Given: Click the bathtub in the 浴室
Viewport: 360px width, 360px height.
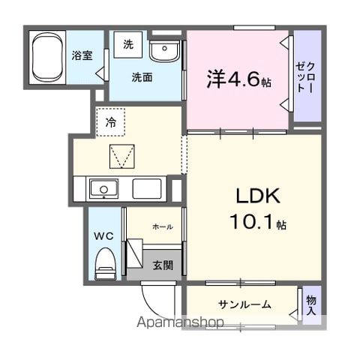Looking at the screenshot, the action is tap(47, 58).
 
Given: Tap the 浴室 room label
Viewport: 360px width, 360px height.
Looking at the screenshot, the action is tap(82, 55).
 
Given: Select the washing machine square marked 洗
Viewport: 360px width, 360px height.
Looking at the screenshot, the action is tap(128, 44).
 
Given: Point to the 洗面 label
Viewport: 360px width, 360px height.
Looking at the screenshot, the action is tap(142, 77).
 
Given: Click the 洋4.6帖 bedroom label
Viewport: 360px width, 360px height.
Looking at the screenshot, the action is tap(239, 79).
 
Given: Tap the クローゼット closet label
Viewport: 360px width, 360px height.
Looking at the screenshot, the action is tap(305, 77).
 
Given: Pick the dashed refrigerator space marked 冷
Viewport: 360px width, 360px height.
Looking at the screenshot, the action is tap(111, 122).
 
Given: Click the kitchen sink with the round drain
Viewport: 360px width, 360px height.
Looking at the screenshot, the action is tap(103, 189).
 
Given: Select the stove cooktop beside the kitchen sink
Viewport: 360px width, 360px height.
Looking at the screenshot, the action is tap(147, 189).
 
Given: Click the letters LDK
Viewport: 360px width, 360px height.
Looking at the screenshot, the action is tap(258, 196).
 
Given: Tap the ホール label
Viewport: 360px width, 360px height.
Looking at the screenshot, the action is tap(163, 226).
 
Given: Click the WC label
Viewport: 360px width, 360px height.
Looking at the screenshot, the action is tap(104, 235).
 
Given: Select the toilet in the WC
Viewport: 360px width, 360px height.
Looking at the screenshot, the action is tap(106, 263).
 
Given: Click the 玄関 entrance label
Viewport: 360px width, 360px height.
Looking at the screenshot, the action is tap(163, 265).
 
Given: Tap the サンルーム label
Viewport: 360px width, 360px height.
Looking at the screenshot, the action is tap(244, 304).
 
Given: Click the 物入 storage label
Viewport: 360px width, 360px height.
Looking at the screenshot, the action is tap(311, 305).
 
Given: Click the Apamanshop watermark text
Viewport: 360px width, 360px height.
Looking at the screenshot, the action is tap(180, 322).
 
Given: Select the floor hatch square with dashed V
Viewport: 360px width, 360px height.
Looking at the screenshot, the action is tap(122, 156).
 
